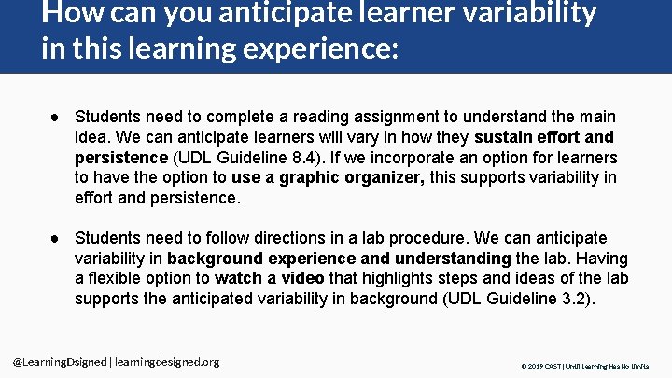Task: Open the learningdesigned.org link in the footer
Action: coord(165,362)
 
